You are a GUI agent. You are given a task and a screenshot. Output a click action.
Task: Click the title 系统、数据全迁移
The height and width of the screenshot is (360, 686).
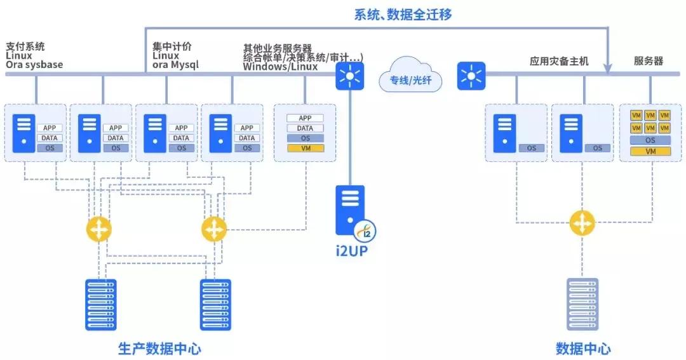coord(403,15)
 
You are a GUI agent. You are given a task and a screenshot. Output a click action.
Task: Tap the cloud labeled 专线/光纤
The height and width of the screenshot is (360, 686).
coord(410,75)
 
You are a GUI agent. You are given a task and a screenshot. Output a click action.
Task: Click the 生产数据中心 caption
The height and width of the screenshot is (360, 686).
coord(159,348)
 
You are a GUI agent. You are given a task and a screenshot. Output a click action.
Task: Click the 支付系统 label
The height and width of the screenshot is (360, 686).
coord(25,47)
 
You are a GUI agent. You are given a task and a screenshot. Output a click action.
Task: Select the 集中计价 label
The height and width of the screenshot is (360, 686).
coord(171,47)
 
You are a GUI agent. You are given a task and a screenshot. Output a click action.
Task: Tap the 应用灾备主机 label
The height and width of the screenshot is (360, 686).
coord(559,62)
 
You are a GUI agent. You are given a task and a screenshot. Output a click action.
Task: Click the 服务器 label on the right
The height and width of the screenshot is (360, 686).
coord(649,61)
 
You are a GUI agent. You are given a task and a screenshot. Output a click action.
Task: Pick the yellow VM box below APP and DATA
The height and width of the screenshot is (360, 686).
coord(306,148)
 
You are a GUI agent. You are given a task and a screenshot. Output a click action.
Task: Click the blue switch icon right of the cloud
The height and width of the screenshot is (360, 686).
coord(471,76)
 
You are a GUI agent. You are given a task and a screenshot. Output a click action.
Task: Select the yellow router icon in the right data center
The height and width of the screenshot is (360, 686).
coord(580,223)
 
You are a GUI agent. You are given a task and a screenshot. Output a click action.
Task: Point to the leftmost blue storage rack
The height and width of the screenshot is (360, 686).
coord(100,304)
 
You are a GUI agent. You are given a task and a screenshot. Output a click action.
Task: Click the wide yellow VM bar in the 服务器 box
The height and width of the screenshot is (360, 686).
coord(650,151)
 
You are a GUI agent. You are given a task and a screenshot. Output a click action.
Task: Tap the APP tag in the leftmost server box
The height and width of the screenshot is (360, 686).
coord(51,128)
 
